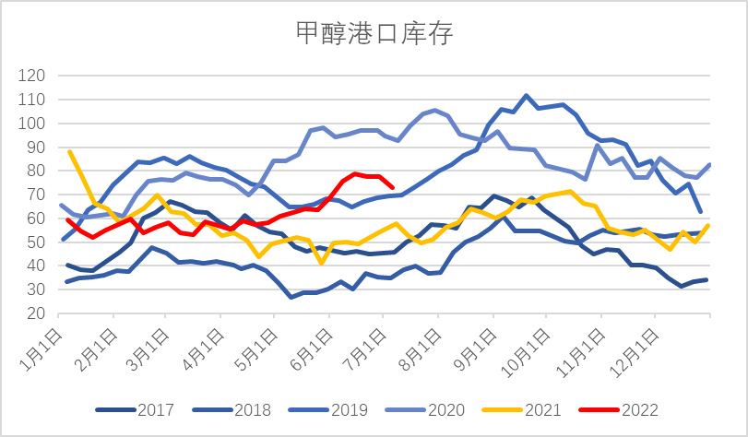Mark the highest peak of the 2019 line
526,95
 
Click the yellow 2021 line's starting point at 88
70,152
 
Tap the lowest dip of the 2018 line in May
291,297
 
